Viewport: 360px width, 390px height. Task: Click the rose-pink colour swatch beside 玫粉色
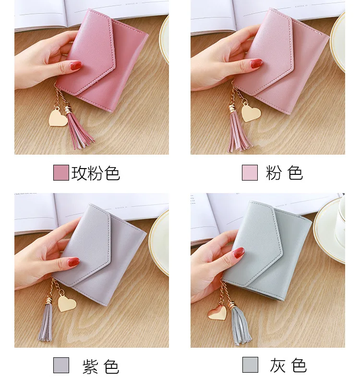(61, 172)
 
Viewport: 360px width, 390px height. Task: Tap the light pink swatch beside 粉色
(250, 172)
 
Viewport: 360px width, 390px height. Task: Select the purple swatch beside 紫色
(61, 365)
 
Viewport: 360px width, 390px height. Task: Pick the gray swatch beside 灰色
(250, 365)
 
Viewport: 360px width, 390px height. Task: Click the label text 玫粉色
(96, 173)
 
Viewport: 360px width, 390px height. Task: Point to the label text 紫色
(101, 366)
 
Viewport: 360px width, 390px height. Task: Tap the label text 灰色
(288, 365)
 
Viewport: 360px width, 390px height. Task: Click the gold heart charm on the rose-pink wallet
(58, 118)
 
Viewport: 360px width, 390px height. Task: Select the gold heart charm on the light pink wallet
(251, 112)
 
